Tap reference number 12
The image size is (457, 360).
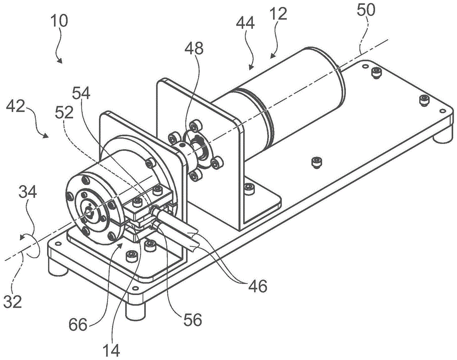[x=278, y=14]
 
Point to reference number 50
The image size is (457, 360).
[x=366, y=10]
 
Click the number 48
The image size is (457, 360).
[x=194, y=48]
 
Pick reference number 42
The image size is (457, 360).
[x=16, y=107]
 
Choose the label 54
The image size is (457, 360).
[x=81, y=94]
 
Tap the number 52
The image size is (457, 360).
[x=64, y=112]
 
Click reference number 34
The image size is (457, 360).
[x=28, y=192]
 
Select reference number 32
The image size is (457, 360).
[x=13, y=301]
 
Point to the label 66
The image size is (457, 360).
[x=78, y=324]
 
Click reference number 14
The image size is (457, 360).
[x=112, y=350]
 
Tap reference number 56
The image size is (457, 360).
[x=193, y=320]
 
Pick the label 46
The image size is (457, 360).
[x=258, y=286]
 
